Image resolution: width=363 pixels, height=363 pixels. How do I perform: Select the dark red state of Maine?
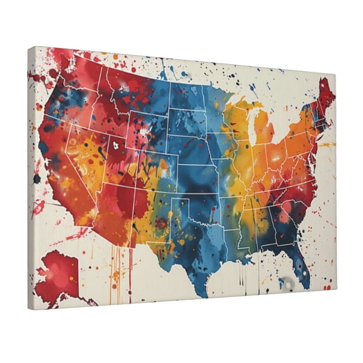(x=326, y=95)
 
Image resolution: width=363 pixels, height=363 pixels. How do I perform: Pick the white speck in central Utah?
(x=116, y=146)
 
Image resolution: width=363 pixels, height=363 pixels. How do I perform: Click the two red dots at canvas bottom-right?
(x=327, y=287)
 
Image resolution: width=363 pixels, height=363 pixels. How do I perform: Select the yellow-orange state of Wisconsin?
(x=236, y=123)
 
